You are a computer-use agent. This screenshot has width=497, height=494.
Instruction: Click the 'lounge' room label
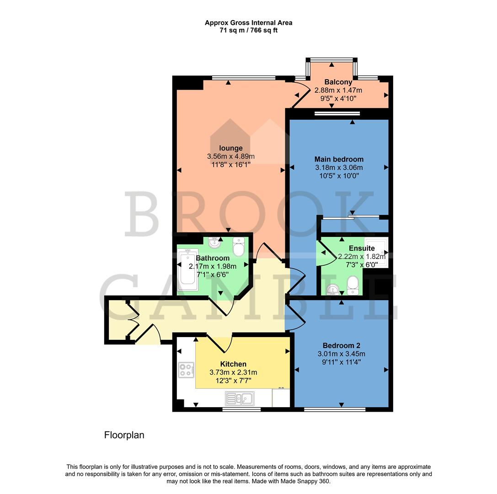tap(230, 148)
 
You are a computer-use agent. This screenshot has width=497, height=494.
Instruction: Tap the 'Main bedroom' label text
tap(339, 159)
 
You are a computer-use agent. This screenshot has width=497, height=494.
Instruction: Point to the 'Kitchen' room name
tap(233, 364)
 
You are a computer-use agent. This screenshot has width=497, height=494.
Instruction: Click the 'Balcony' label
tap(338, 82)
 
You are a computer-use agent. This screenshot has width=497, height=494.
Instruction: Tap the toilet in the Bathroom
tap(239, 247)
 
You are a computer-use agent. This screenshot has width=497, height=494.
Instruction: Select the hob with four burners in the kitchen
tap(186, 370)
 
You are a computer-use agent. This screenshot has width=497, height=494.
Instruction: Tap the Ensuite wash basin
tap(333, 289)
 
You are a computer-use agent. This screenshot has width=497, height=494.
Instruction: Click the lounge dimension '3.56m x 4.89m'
tap(230, 156)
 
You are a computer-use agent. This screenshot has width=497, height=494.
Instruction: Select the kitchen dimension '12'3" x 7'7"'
tap(233, 381)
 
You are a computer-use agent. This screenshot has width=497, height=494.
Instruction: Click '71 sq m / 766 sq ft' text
tap(248, 30)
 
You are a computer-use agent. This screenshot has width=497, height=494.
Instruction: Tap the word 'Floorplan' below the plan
tap(124, 435)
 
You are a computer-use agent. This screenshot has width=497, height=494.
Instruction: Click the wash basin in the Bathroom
tap(215, 241)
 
